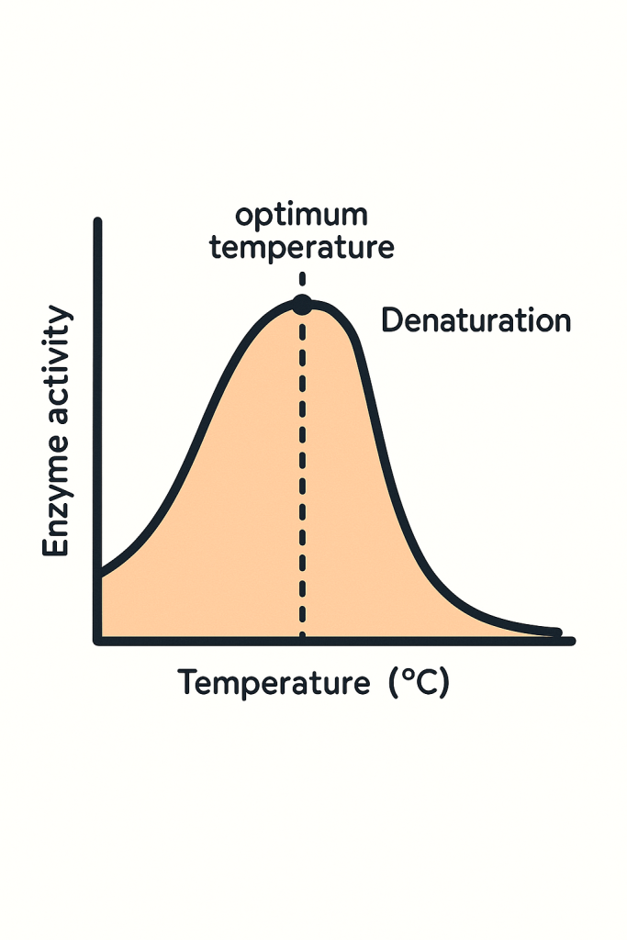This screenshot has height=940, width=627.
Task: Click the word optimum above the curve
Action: pos(301,217)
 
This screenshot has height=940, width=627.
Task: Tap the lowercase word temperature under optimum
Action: pos(301,248)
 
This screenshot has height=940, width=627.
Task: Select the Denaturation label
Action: pos(476,321)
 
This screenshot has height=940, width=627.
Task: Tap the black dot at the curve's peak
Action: pos(302,305)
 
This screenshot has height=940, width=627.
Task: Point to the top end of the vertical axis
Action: pos(97,223)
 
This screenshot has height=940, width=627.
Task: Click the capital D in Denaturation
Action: pos(391,321)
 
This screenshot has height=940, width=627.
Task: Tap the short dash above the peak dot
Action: pos(302,279)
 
